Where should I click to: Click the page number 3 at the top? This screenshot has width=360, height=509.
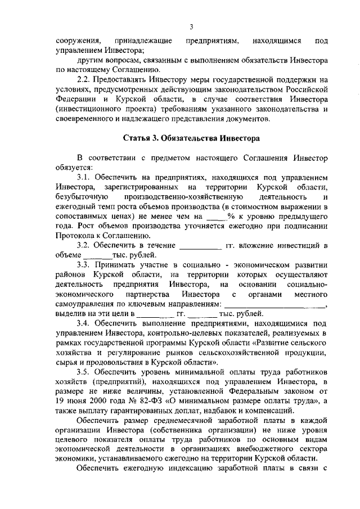(191, 26)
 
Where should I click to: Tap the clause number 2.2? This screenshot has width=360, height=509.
(84, 80)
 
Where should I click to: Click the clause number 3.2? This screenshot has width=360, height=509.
(84, 246)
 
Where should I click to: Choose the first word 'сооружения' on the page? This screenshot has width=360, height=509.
(78, 41)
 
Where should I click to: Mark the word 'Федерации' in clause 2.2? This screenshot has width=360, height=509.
(78, 100)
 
